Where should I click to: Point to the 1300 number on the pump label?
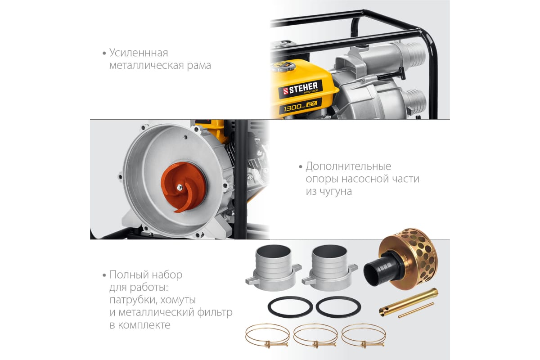click(x=292, y=108)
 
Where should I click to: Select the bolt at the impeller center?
click(x=180, y=188)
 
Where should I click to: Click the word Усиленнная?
click(x=139, y=53)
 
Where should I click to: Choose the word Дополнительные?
click(x=348, y=166)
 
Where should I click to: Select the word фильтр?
click(x=215, y=312)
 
